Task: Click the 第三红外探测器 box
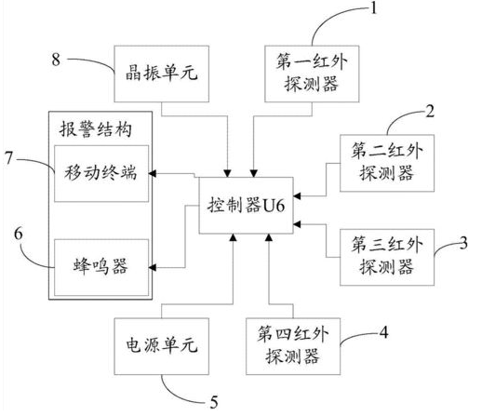(381, 252)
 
